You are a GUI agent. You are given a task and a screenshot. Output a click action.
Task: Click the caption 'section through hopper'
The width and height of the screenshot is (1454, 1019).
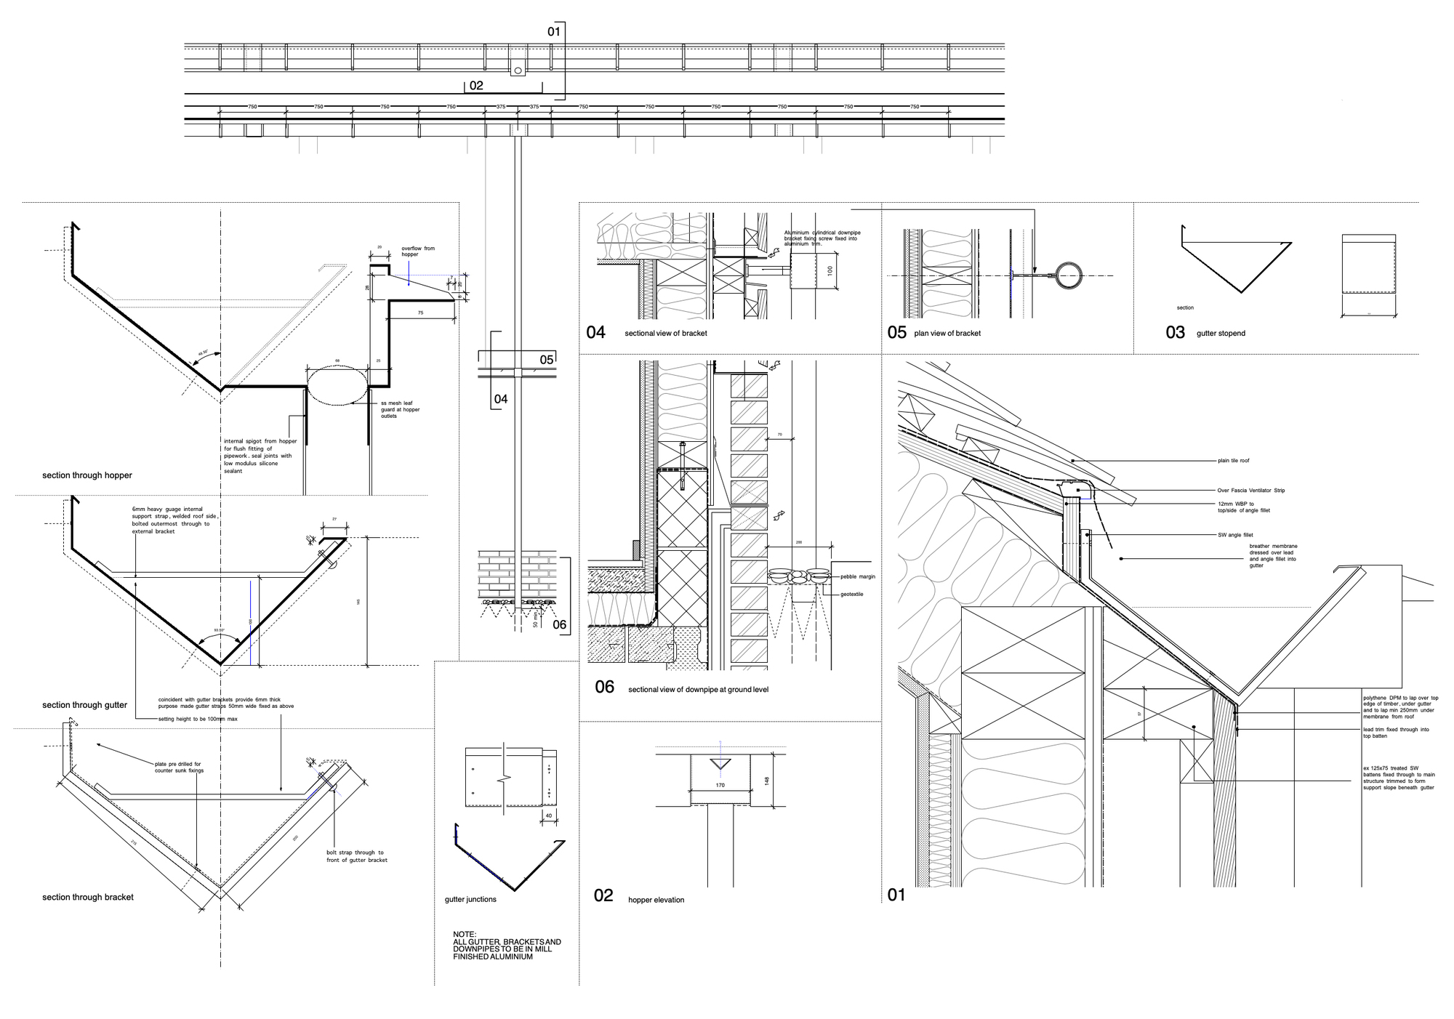[87, 475]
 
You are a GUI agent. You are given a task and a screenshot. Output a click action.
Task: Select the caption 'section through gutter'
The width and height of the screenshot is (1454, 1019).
[84, 705]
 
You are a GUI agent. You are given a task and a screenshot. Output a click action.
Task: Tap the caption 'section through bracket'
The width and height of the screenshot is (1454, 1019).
[88, 898]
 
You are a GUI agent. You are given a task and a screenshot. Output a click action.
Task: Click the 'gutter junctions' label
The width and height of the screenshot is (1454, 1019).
[470, 900]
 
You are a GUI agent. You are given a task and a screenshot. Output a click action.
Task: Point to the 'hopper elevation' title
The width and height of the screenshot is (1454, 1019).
[656, 900]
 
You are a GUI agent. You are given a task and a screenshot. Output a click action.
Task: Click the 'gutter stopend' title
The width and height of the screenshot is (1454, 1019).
[1221, 334]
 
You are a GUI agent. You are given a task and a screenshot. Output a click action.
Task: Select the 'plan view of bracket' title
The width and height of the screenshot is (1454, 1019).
[947, 334]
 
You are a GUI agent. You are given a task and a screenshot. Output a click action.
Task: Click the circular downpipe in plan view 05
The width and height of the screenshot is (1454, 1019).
[1069, 275]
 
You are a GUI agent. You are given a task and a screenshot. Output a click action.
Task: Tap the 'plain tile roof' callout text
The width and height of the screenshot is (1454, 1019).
[1234, 461]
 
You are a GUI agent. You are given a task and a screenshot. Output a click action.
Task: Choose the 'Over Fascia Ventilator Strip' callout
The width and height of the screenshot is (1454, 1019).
[1250, 491]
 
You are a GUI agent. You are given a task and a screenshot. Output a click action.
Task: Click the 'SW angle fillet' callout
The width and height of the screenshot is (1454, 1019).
[1235, 535]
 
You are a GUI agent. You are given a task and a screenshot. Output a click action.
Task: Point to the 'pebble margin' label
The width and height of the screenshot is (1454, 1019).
[858, 576]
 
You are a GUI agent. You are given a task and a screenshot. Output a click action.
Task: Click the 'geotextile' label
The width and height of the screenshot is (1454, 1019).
[852, 595]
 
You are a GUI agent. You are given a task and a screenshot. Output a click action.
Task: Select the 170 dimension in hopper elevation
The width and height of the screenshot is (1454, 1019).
[720, 786]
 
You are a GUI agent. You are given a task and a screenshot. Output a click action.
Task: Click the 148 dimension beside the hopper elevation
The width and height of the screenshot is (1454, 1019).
[767, 780]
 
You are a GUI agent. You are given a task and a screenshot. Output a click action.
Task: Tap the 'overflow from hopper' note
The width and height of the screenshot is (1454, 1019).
[418, 251]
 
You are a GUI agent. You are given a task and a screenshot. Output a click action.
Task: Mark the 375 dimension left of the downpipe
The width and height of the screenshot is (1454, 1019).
[501, 107]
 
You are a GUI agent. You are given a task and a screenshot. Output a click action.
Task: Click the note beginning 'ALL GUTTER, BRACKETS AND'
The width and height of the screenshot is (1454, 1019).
[507, 946]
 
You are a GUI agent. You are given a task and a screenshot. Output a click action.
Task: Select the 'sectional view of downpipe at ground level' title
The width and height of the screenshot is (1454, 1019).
[698, 690]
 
